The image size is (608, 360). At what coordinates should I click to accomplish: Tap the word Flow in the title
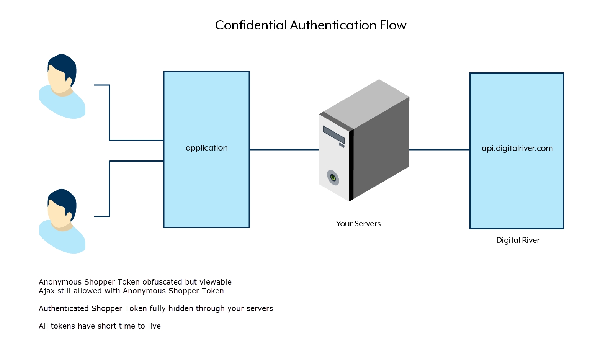coord(393,25)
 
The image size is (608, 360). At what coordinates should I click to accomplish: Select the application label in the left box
coord(206,148)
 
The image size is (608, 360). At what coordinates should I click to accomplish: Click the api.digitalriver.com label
coord(517,148)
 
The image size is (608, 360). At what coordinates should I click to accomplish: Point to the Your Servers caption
coord(358,224)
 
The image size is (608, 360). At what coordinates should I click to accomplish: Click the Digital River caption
coord(518,240)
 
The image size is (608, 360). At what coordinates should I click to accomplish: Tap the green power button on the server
coord(333,178)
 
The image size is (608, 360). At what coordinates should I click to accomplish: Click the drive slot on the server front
coord(333,134)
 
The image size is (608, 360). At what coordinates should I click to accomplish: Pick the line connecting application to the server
coord(284,150)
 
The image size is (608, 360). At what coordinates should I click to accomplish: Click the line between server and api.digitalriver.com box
coord(439,150)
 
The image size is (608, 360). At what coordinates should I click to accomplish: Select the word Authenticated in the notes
coord(64,308)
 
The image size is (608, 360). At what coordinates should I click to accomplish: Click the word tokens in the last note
coord(63,326)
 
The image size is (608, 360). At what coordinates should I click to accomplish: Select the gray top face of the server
coord(366,103)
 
